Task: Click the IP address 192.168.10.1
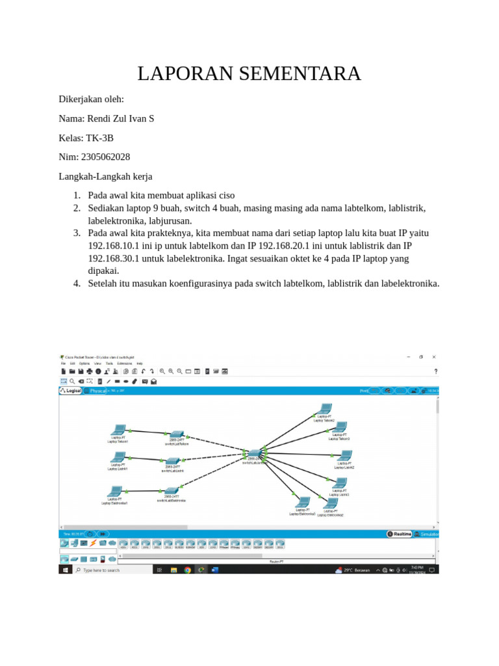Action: [x=114, y=246]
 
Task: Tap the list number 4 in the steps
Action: [x=76, y=283]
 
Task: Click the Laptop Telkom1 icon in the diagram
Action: [x=119, y=431]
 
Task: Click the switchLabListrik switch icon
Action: [x=172, y=460]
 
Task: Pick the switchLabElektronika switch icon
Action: [x=172, y=490]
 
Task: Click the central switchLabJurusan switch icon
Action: [x=254, y=453]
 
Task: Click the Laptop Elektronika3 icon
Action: [x=302, y=502]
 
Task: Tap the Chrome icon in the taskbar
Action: [x=188, y=570]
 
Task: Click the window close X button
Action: [x=434, y=356]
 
